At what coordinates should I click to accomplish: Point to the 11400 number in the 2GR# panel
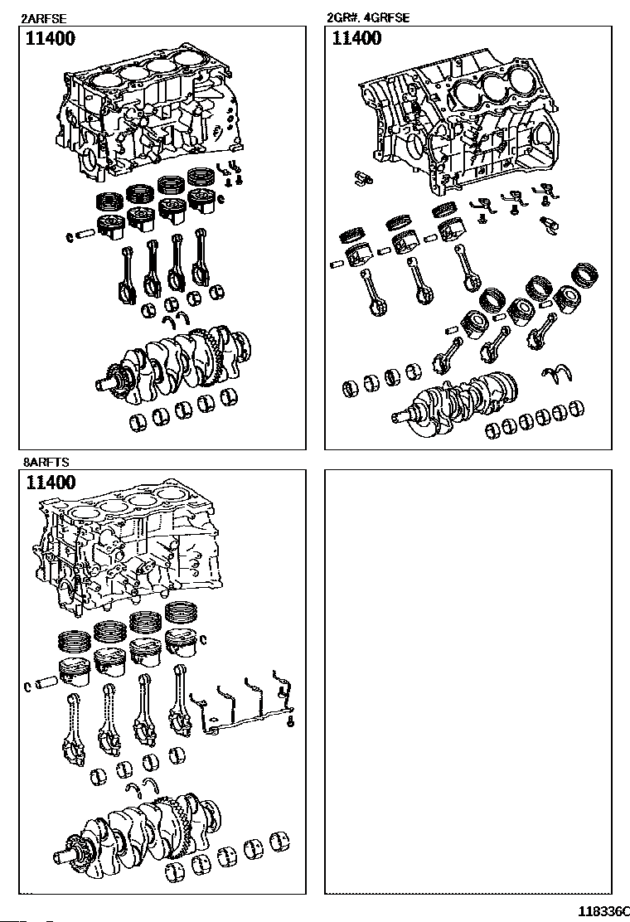(x=357, y=39)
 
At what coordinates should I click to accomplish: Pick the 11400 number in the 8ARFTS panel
(x=51, y=483)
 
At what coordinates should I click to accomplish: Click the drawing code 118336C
(x=598, y=910)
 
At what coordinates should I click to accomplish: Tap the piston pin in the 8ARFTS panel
(x=46, y=685)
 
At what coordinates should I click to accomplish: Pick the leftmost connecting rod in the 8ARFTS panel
(x=72, y=730)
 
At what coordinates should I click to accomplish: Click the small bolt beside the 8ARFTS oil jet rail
(x=291, y=723)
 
